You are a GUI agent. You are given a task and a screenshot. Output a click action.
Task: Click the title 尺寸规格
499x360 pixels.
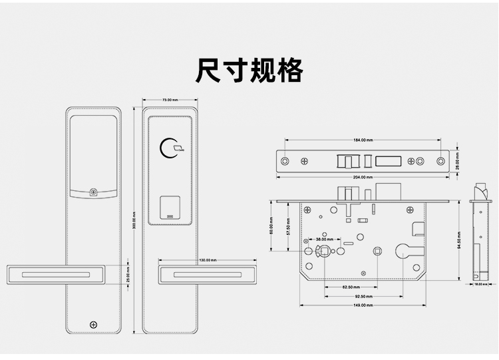click(249, 70)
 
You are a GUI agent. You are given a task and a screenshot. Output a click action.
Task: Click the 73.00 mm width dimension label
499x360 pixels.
click(170, 100)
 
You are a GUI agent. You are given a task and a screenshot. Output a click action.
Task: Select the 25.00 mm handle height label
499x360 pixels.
click(128, 274)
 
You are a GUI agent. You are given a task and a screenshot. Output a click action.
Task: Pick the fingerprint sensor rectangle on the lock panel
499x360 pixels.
click(171, 209)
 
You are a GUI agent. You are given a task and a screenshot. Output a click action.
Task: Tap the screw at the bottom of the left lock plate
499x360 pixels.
click(93, 325)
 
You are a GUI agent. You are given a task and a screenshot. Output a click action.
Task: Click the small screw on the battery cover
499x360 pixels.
click(94, 193)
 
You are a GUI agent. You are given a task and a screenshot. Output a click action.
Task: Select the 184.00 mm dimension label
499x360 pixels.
click(363, 140)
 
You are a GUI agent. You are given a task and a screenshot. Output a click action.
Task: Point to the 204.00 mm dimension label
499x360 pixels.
click(363, 177)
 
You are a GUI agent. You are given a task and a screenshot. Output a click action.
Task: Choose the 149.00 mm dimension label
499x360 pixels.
click(363, 305)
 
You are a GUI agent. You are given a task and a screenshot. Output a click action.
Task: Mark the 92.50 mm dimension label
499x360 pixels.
click(363, 296)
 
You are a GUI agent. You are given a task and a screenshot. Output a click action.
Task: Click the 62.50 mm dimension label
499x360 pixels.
click(352, 287)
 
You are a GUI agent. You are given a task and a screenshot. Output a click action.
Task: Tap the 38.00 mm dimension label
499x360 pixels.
click(324, 239)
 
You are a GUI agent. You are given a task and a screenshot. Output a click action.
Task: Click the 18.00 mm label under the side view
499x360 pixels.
click(480, 285)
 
